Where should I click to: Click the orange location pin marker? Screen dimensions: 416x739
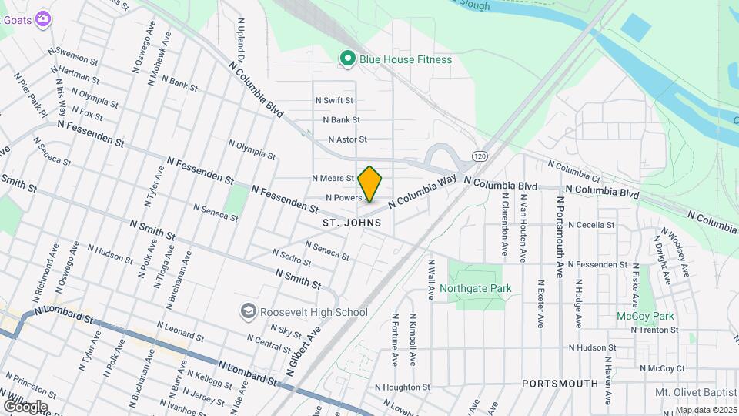(x=370, y=183)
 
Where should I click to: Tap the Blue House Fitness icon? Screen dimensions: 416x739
(x=347, y=59)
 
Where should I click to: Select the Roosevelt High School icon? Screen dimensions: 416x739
(x=248, y=311)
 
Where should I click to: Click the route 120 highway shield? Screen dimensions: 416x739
(x=480, y=156)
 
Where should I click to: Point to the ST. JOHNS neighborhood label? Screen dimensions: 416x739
(x=352, y=223)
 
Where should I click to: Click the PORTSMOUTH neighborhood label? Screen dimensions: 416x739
(x=560, y=383)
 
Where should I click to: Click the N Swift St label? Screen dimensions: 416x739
(x=333, y=100)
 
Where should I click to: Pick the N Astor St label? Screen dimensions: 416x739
(x=347, y=139)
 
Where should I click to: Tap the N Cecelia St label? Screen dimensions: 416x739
(x=590, y=225)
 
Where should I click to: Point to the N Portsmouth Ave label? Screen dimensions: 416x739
(x=560, y=236)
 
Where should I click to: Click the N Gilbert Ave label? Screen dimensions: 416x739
(x=303, y=351)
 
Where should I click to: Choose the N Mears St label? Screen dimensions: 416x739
(x=333, y=178)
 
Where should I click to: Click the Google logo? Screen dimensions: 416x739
(x=25, y=406)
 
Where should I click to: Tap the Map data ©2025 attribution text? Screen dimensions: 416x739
(x=706, y=410)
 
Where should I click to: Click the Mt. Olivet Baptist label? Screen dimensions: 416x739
(x=695, y=392)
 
